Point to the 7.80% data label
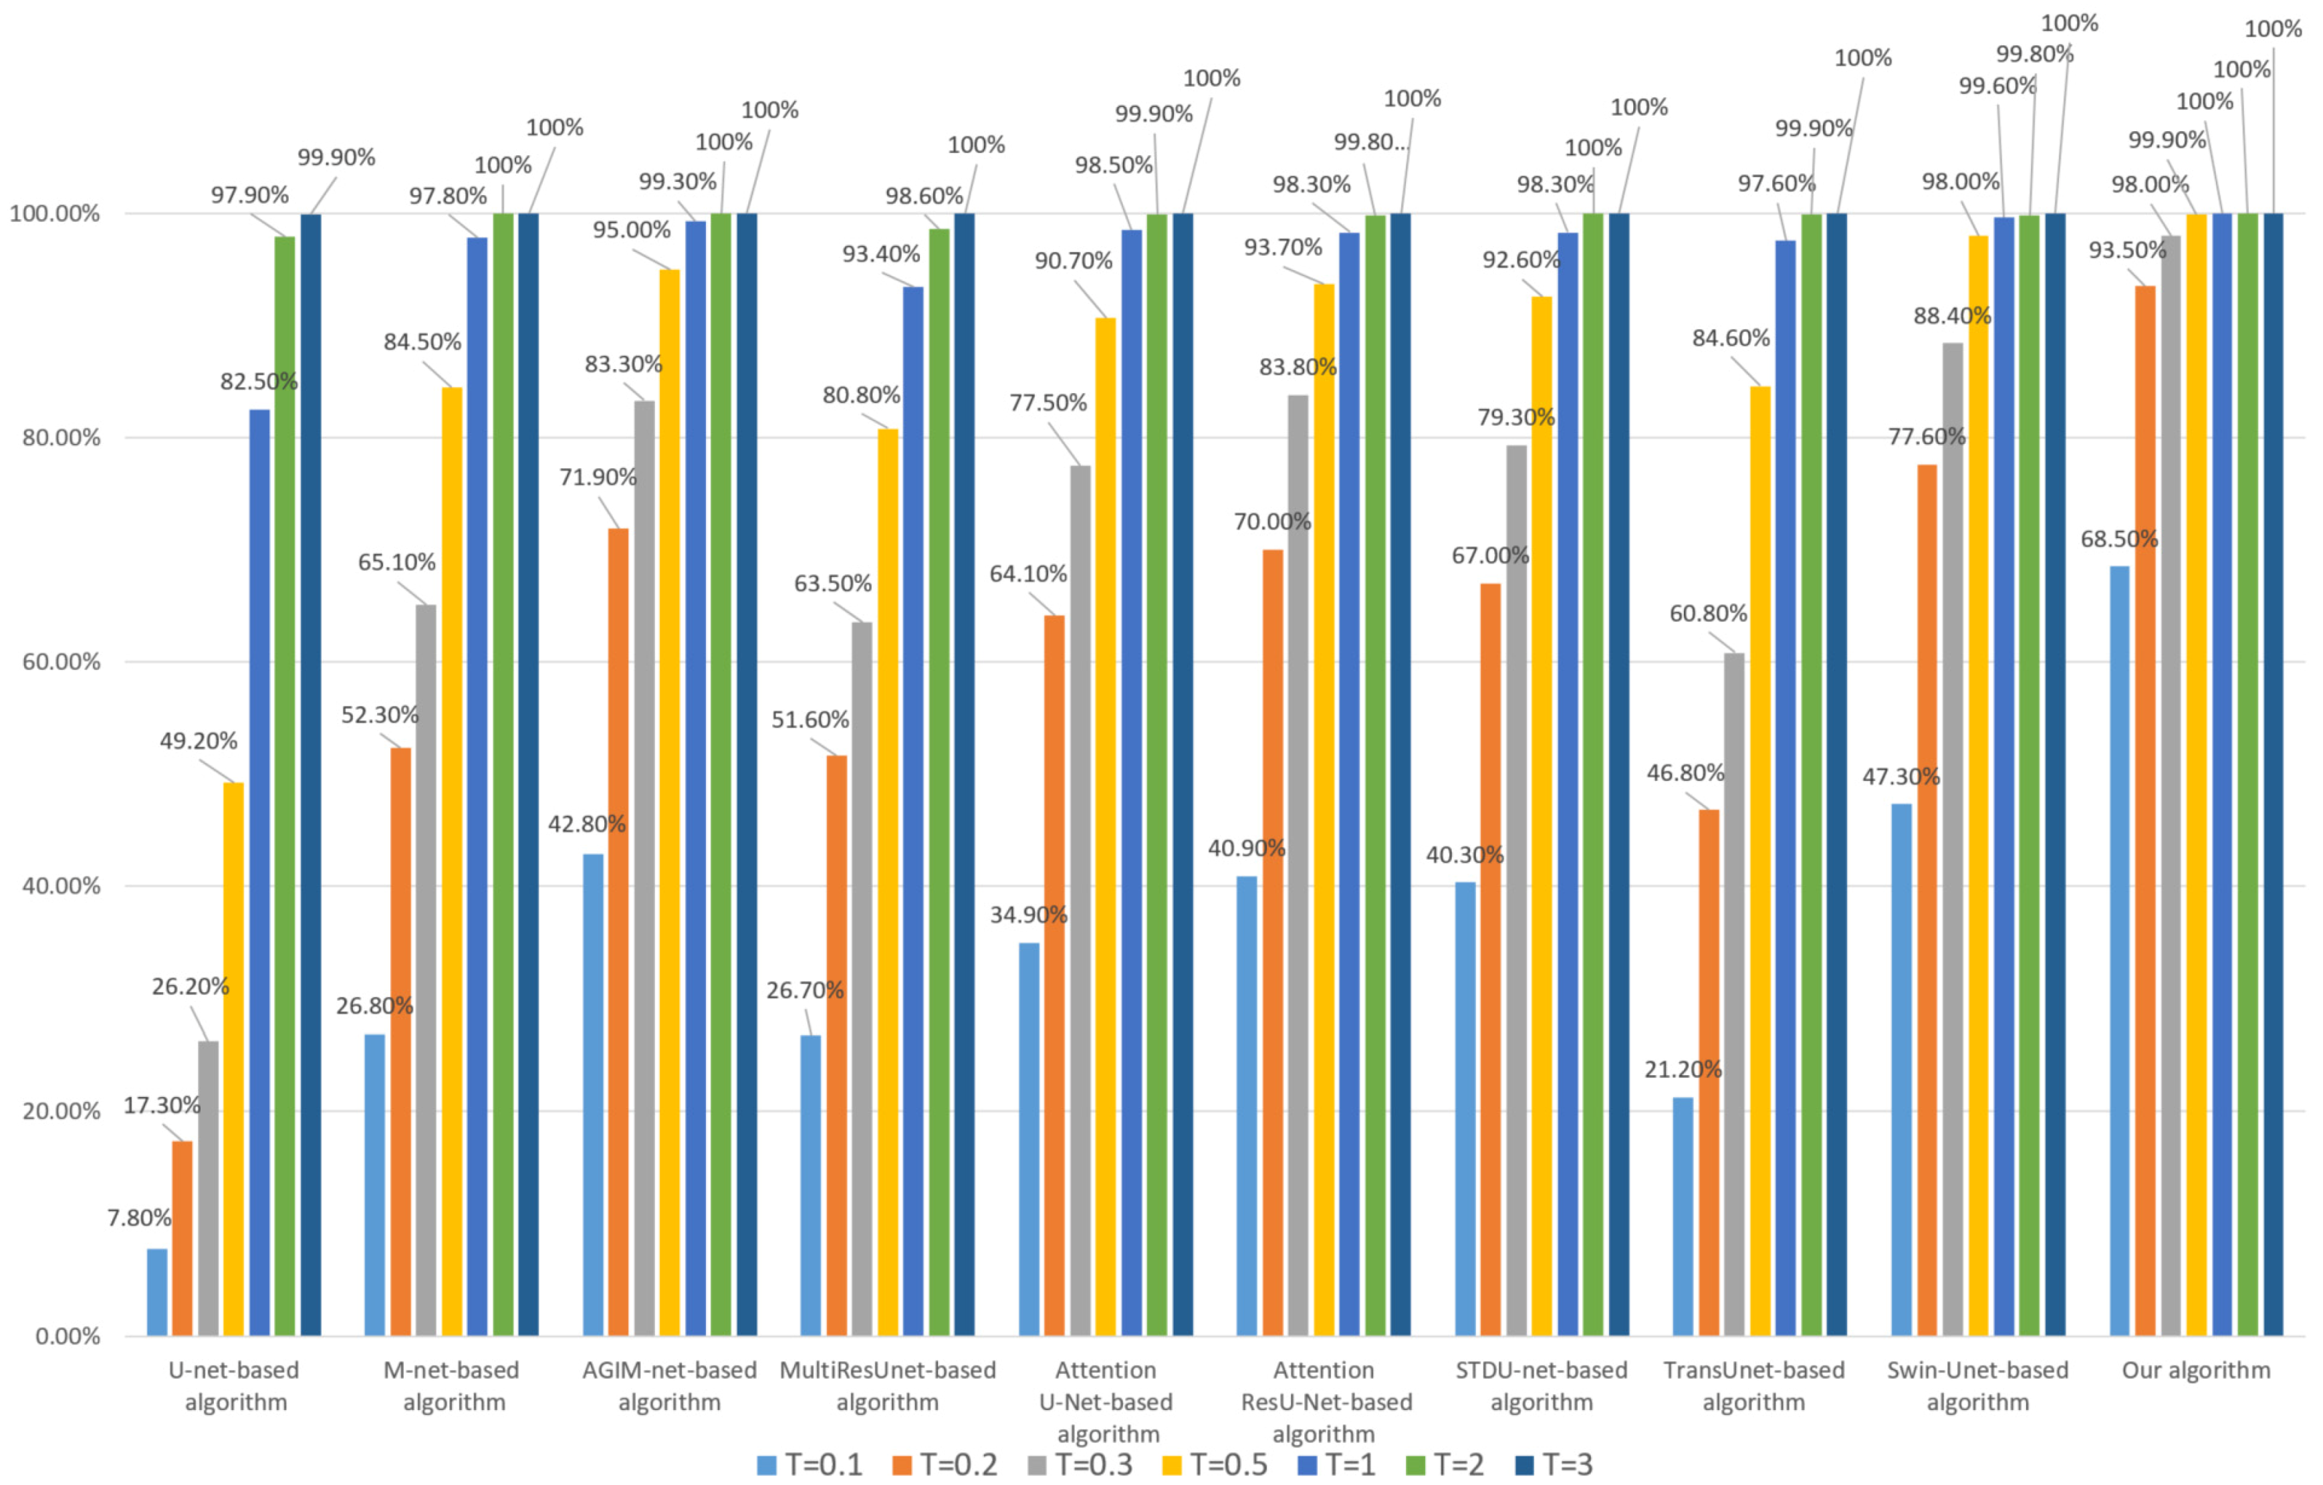point(139,1218)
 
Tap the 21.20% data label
point(1683,1069)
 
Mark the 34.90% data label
point(1028,915)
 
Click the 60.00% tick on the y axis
point(61,662)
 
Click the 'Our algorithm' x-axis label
point(2196,1370)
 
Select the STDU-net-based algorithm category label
point(1542,1385)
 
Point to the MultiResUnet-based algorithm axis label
point(888,1385)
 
